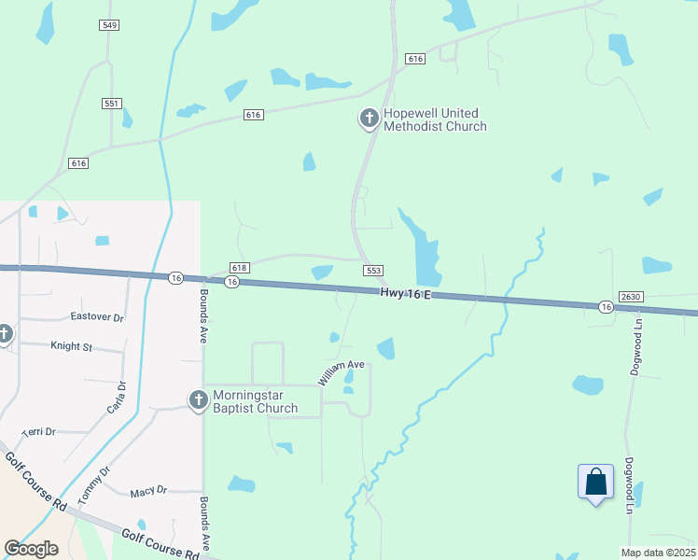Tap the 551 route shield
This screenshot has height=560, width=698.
coord(112,104)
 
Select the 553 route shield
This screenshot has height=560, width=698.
coord(373,270)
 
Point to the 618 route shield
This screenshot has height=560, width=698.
coord(239,268)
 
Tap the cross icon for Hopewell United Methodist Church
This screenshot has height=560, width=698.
coord(369,119)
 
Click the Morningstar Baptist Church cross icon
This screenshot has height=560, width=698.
coord(198,400)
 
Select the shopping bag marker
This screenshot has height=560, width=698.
coord(595,483)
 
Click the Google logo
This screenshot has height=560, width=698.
coord(32,548)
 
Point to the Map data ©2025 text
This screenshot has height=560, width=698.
coord(658,553)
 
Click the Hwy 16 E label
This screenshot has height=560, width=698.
coord(406,293)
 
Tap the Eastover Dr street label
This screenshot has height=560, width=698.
coord(98,317)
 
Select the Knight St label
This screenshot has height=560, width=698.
coord(72,346)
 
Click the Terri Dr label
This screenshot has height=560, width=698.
coord(39,432)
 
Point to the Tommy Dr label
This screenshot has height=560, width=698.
coord(93,485)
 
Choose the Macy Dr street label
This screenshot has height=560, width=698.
coord(148,490)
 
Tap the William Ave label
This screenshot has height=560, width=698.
coord(341,371)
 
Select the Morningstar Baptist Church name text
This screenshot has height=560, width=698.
coord(256,401)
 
